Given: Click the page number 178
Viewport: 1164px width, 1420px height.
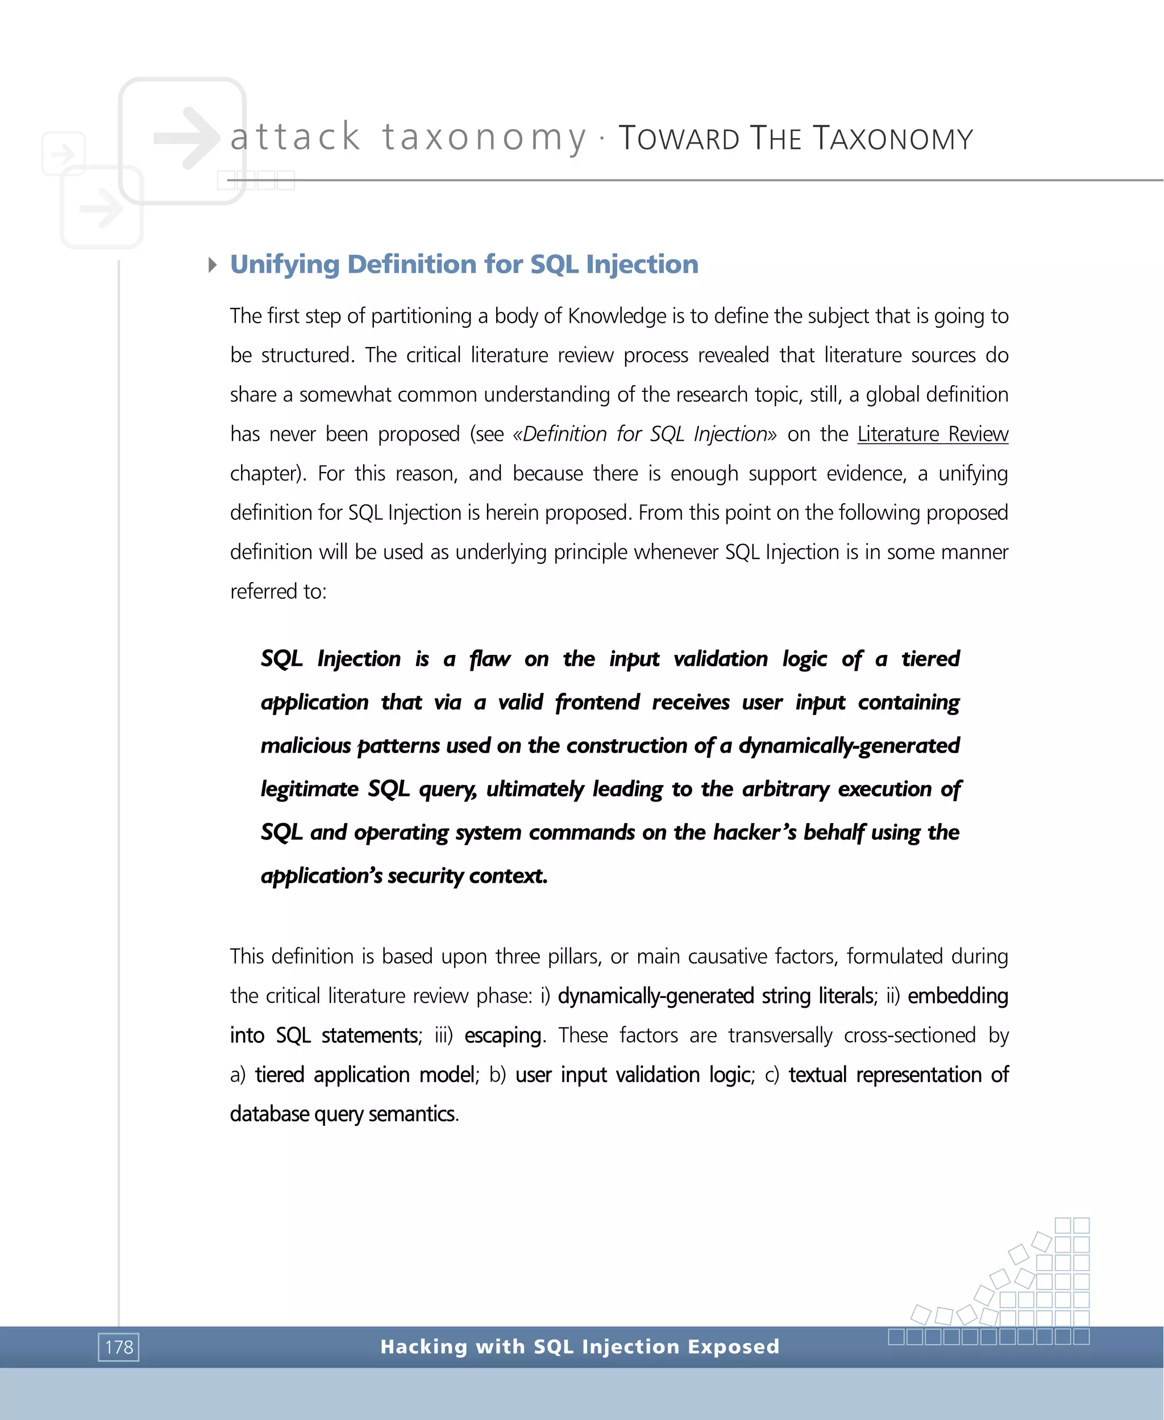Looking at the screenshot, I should coord(119,1346).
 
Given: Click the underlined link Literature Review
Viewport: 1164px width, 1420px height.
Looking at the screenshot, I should coord(932,435).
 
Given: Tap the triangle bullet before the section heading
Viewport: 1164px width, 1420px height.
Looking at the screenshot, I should coord(213,265).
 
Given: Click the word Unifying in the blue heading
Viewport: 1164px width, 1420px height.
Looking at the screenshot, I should coord(284,265).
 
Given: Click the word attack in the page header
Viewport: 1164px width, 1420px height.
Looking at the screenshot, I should coord(295,137).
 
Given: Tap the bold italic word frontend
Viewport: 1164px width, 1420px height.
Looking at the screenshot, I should coord(597,702).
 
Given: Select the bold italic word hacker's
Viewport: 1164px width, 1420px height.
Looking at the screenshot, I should coord(754,832).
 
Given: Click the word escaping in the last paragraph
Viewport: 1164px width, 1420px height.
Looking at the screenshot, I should coord(502,1035).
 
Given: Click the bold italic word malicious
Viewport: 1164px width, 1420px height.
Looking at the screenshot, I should coord(305,746).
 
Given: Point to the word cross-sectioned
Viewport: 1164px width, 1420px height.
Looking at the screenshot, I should coord(909,1035).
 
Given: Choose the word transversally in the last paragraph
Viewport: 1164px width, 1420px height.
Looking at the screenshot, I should coord(780,1035).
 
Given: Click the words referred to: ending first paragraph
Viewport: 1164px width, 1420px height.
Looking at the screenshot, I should coord(277,592).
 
